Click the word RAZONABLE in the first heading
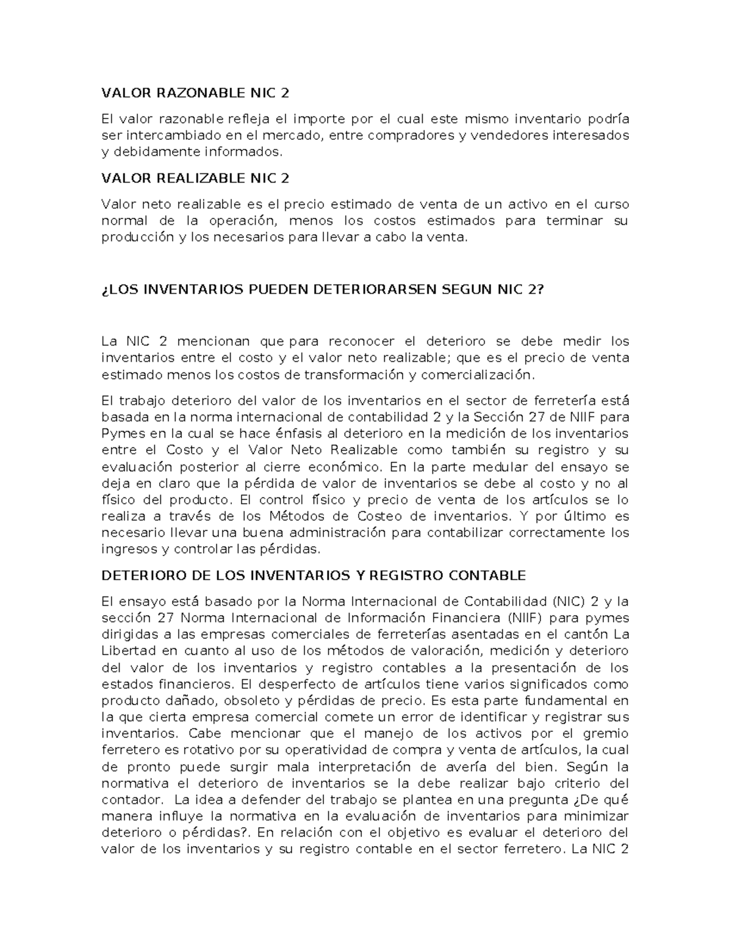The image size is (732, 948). pos(195,93)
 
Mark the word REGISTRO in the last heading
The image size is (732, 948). pos(408,575)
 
